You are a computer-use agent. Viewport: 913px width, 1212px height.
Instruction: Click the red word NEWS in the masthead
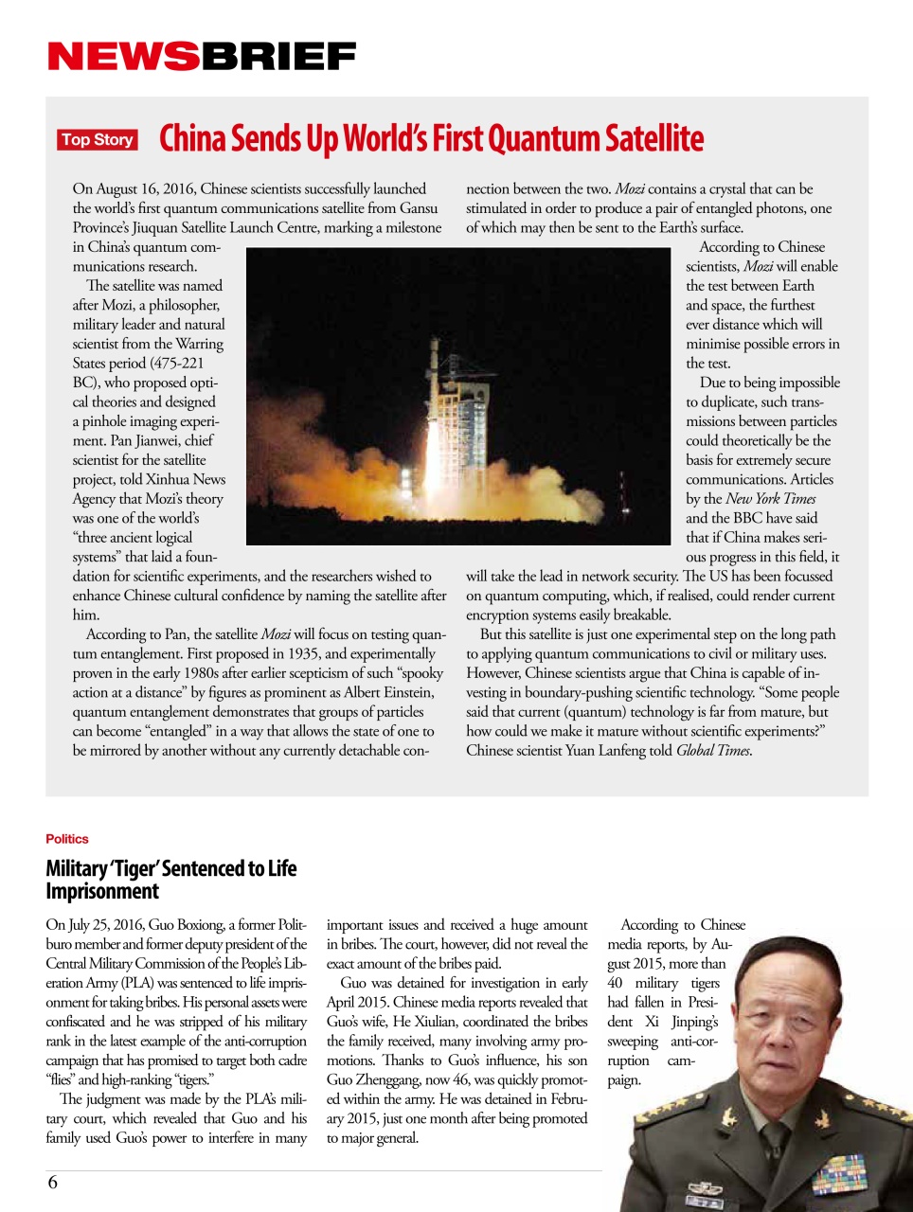pos(123,57)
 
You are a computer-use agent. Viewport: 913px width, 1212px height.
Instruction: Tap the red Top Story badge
pos(98,140)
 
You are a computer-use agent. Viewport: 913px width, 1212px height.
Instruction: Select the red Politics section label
pos(66,839)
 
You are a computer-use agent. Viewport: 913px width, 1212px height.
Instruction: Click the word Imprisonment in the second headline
pos(102,892)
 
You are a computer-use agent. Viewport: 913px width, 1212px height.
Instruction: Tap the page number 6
pos(53,1182)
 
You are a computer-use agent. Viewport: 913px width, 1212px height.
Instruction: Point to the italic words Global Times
pos(713,751)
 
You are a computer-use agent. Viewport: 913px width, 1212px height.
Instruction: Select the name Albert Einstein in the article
pos(390,692)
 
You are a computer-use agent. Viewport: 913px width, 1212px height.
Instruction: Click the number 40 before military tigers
pos(616,983)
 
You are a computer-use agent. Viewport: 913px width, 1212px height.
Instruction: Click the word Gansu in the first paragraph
pos(418,208)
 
